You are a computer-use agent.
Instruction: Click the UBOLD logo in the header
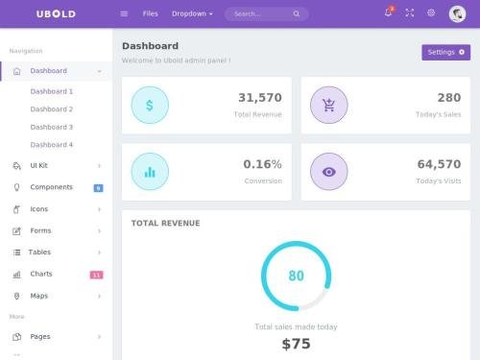coord(56,13)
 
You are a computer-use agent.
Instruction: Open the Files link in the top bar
coord(150,13)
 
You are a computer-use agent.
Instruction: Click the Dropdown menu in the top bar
coord(193,13)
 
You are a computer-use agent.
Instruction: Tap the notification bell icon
coord(388,12)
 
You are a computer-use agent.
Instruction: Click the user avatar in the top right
coord(457,13)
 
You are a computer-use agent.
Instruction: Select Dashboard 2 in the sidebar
coord(51,109)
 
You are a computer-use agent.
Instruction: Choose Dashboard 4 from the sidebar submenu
coord(51,145)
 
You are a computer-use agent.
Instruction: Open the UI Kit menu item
coord(39,165)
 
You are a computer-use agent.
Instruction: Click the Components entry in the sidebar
coord(51,187)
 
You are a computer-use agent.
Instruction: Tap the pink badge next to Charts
coord(96,275)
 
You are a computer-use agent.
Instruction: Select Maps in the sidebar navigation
coord(39,296)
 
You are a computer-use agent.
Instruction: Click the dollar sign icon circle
coord(149,105)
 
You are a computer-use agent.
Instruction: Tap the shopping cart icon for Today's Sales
coord(329,105)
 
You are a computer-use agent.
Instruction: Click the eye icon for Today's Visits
coord(329,172)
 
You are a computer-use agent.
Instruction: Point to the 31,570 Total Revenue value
coord(259,98)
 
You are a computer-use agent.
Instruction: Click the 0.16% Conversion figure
coord(262,164)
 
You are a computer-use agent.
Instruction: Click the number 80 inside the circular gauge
coord(296,276)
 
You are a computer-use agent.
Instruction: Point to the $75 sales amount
coord(296,344)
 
